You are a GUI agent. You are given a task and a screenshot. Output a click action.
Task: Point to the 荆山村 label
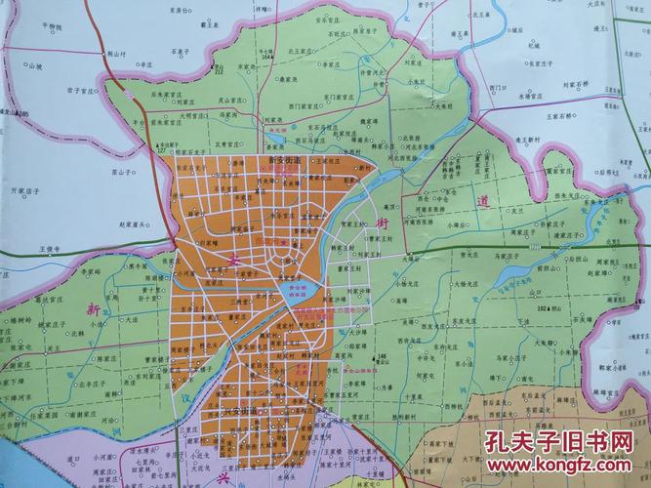119,55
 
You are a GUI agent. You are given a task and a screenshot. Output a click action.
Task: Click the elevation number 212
219,72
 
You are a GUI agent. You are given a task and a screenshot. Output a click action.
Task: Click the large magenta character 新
91,308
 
